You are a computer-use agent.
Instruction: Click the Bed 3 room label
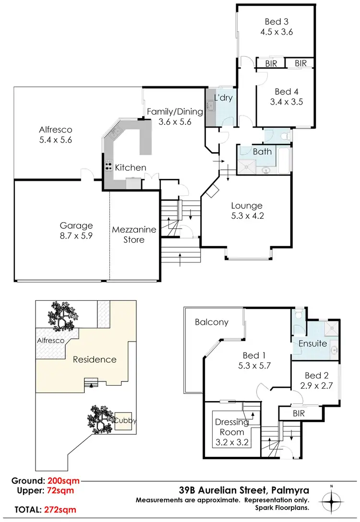(276, 22)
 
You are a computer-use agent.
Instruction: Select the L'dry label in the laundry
(223, 98)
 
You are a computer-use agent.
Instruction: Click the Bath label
(262, 152)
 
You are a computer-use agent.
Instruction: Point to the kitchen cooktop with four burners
(108, 167)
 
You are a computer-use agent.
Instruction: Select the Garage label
(76, 225)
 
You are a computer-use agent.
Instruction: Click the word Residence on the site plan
(94, 359)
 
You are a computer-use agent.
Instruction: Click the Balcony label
(212, 322)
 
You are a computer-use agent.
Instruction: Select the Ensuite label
(312, 344)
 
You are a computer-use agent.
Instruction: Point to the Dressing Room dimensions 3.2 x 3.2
(231, 442)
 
